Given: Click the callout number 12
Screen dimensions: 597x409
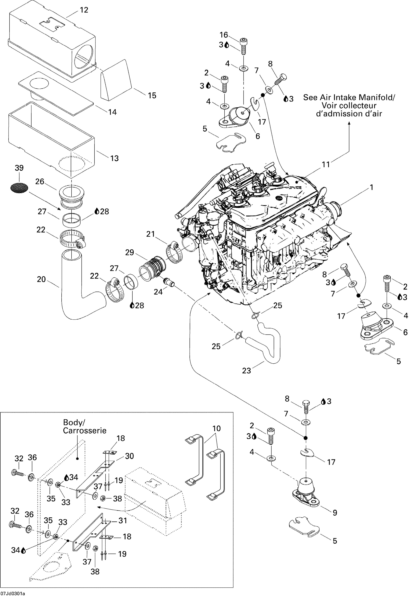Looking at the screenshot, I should click(84, 10).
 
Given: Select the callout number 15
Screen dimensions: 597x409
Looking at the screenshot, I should click(152, 96).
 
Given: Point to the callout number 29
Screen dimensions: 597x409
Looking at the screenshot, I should click(130, 253).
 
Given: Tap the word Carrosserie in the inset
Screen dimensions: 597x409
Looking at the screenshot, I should click(85, 431).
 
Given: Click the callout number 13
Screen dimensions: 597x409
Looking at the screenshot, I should click(114, 158).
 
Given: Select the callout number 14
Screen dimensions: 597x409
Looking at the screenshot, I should click(112, 112).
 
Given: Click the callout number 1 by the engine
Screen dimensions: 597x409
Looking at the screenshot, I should click(371, 187).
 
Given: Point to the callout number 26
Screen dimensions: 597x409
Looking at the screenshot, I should click(40, 182).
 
